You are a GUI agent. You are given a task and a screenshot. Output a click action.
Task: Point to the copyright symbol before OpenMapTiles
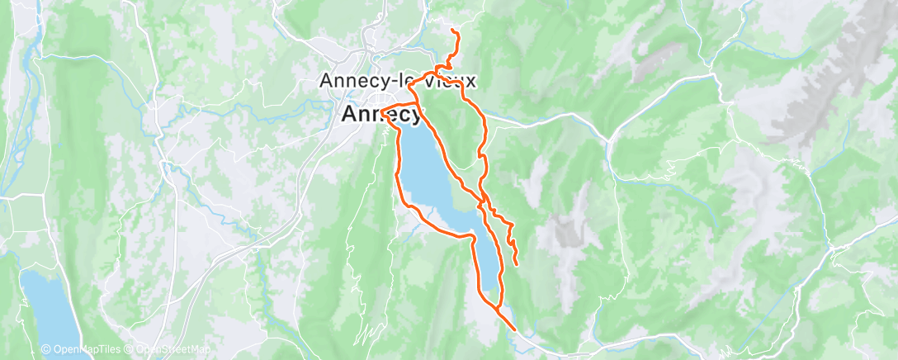(x=46, y=350)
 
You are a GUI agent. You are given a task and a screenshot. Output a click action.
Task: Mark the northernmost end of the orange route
(x=453, y=31)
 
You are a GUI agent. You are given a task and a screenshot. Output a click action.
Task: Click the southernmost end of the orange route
(x=516, y=329)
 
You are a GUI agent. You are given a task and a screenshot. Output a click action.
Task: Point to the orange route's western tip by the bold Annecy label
(x=384, y=109)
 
